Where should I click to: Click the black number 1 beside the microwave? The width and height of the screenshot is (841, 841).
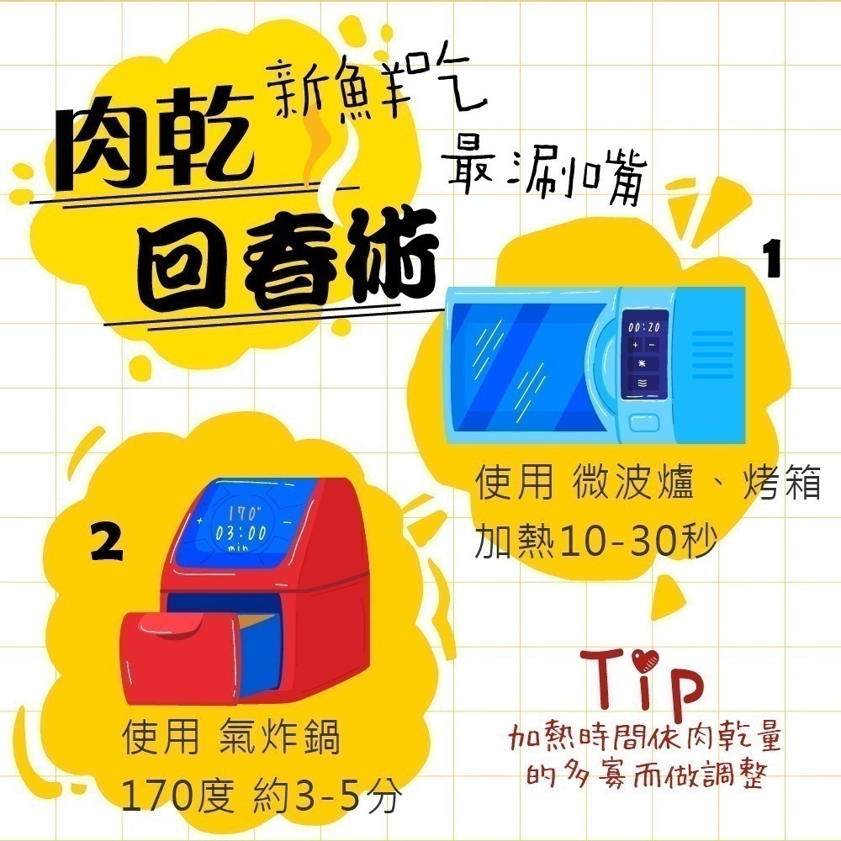[x=772, y=260]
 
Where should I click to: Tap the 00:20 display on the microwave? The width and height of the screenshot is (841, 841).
[x=643, y=325]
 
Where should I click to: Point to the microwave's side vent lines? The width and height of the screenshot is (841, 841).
[x=714, y=357]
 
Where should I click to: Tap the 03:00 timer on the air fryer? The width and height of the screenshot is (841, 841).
[x=241, y=532]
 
